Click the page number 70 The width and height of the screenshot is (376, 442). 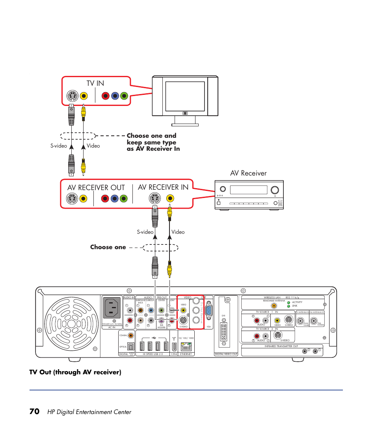34,411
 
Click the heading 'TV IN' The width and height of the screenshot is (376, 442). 95,84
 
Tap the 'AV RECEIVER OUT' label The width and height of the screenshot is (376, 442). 96,187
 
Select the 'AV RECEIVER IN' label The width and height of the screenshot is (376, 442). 163,187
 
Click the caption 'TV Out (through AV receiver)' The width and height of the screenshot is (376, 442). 75,372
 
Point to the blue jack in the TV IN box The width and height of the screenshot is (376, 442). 115,96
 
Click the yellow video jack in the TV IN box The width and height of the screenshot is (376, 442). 84,96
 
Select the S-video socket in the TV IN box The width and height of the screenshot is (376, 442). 71,96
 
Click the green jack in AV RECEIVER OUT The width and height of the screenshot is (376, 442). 124,199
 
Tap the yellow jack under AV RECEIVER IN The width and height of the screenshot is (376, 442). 166,198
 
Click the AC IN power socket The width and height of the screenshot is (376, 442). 112,307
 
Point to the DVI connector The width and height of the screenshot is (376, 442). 223,332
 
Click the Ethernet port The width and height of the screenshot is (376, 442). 186,346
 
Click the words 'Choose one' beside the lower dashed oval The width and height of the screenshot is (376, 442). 108,247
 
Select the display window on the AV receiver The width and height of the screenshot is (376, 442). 246,190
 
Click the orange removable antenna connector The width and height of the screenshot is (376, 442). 274,305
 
